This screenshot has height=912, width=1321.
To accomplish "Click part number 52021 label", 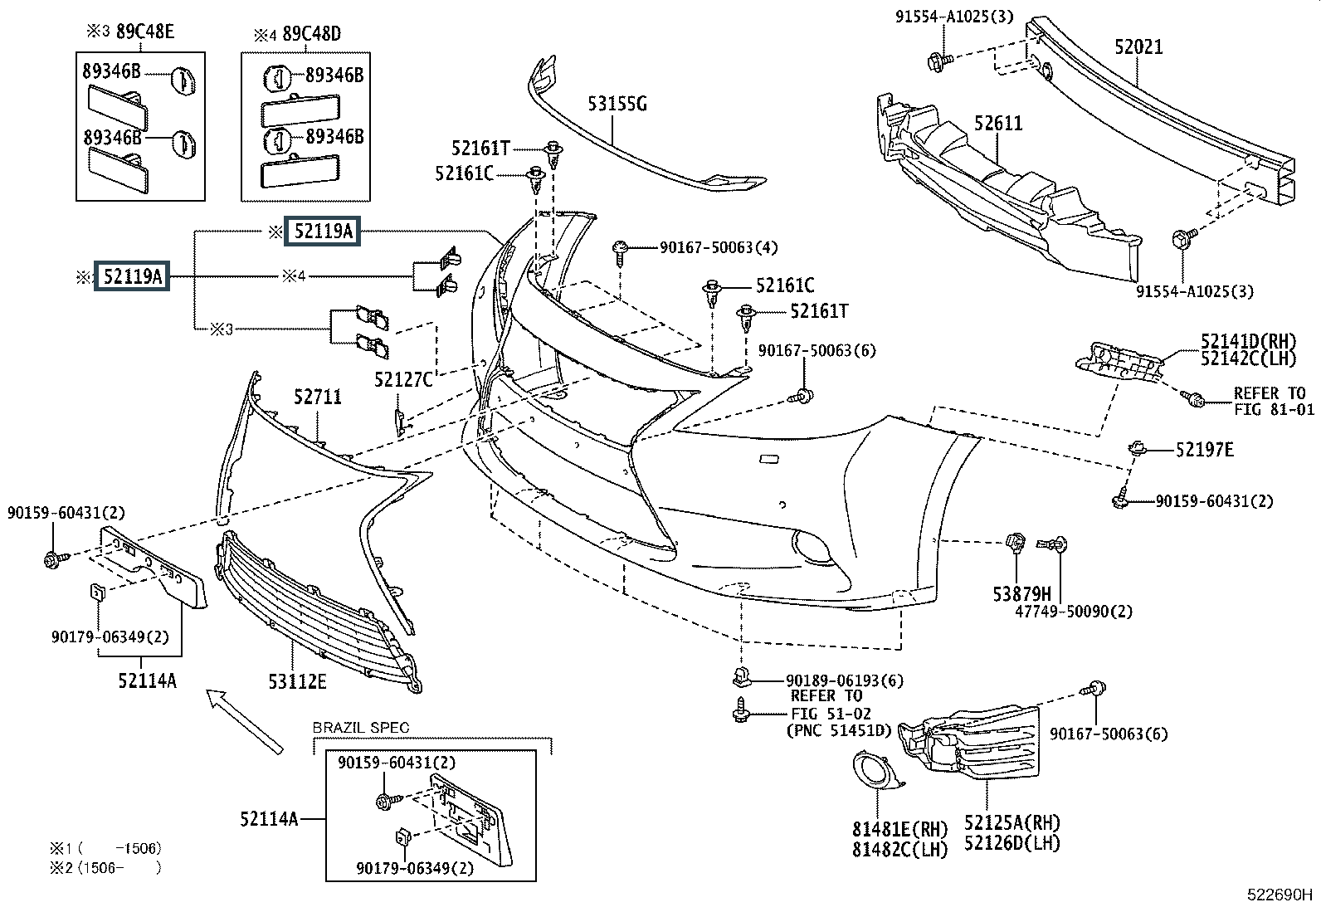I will (1138, 47).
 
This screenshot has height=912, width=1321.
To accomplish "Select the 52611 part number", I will (998, 124).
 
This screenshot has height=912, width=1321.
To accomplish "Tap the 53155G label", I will (617, 104).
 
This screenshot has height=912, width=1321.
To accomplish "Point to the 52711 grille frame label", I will (317, 397).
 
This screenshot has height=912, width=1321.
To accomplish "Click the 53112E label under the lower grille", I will (297, 682).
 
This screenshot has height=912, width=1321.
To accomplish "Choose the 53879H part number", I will (1022, 593).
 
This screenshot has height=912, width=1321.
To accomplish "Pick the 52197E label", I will (1204, 450).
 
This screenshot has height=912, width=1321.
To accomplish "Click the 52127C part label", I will (403, 380).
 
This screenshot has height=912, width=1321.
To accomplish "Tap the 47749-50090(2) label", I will (1074, 612).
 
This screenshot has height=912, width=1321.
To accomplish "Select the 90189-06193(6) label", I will (845, 680).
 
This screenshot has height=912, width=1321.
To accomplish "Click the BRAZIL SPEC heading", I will (361, 728).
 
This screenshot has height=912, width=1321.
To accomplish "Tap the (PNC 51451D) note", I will (838, 730).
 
